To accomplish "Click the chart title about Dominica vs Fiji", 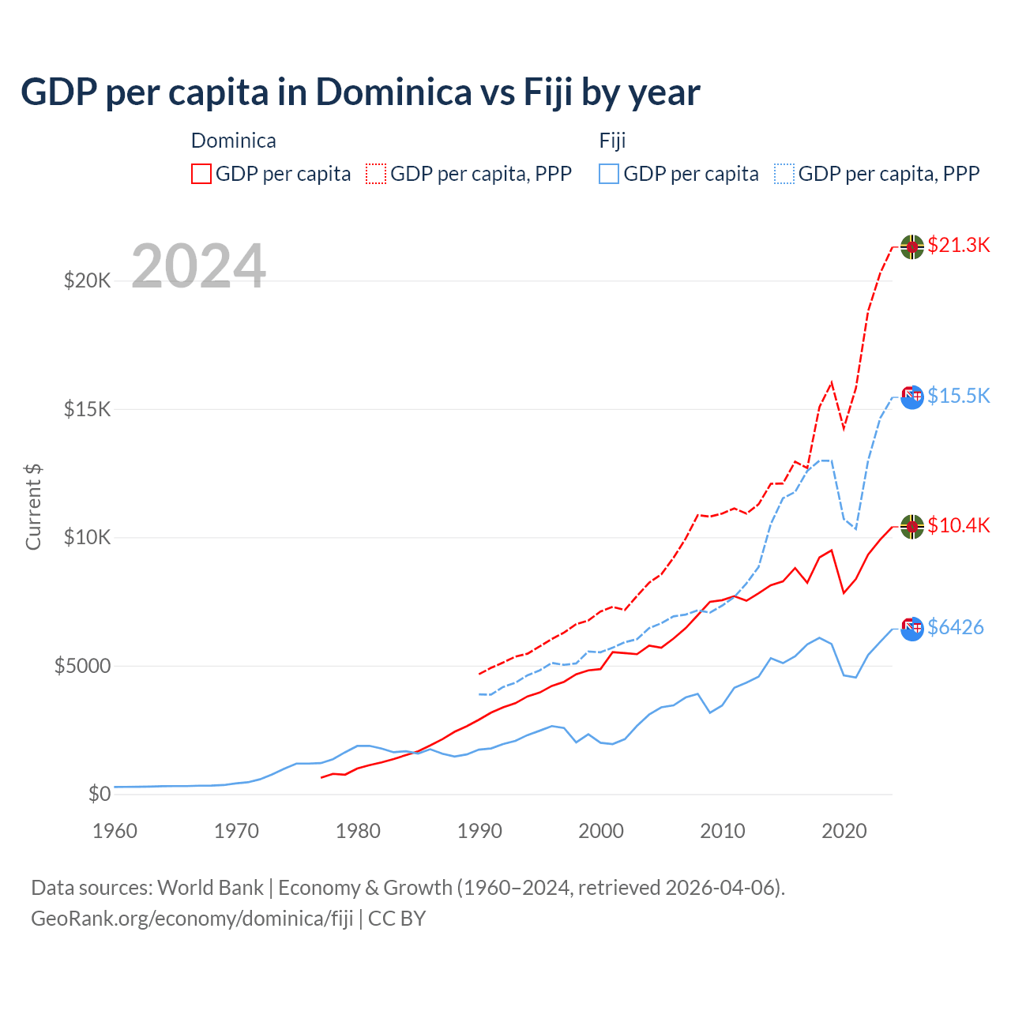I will pos(360,92).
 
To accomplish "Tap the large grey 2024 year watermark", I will pos(198,266).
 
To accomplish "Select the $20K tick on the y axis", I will pos(87,280).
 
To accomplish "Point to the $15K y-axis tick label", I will pos(87,409).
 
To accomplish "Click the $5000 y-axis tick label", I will pos(82,666).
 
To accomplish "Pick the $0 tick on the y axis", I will pos(99,794).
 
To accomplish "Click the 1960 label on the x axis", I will pos(115,831).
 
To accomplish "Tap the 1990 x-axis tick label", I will pos(479,831).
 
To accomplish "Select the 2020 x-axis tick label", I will pos(844,831).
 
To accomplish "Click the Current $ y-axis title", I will pos(33,507).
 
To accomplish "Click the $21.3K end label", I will pos(958,245).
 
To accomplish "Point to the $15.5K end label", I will pos(958,396).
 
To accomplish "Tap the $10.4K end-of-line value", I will pos(958,525).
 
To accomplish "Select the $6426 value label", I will pos(955,627).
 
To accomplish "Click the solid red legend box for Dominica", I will pos(201,174).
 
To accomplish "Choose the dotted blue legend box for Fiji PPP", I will pos(784,174).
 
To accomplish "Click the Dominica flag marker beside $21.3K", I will pos(912,246).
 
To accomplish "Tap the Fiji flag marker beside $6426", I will pos(912,629).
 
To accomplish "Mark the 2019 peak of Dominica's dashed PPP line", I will pos(832,382).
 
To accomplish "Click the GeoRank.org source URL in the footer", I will pos(192,919).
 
